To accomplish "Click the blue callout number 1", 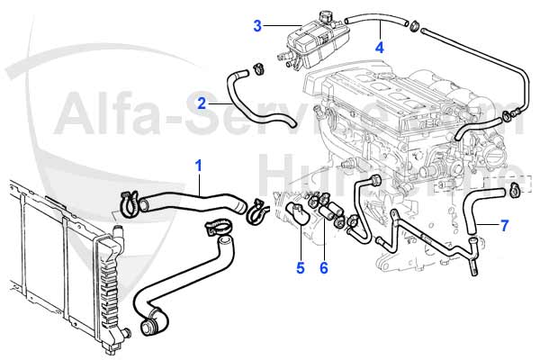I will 199,165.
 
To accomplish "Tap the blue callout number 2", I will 202,103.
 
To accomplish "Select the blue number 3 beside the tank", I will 257,26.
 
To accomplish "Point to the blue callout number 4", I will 380,47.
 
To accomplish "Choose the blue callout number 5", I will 301,266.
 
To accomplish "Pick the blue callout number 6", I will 325,266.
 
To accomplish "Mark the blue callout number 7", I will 505,225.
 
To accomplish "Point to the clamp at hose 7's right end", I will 514,189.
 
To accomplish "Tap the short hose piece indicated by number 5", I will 294,215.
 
